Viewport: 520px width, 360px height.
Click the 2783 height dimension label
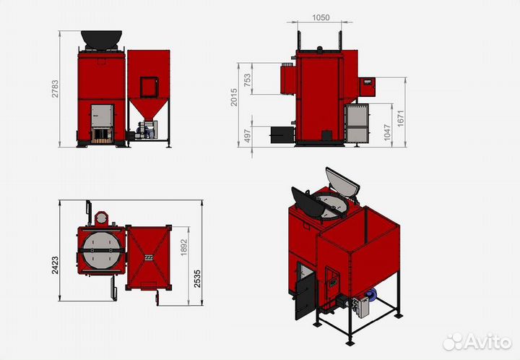(55, 89)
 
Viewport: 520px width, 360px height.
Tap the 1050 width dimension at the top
(321, 17)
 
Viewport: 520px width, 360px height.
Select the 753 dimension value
(248, 80)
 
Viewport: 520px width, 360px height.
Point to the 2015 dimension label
(234, 97)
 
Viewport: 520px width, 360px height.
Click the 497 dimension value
(248, 136)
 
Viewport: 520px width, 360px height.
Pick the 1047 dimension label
(387, 132)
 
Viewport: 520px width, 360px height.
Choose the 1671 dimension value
(401, 119)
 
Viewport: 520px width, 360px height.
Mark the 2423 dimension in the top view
(55, 265)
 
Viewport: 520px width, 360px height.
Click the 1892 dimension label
(184, 247)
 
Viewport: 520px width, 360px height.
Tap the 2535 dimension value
(197, 279)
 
